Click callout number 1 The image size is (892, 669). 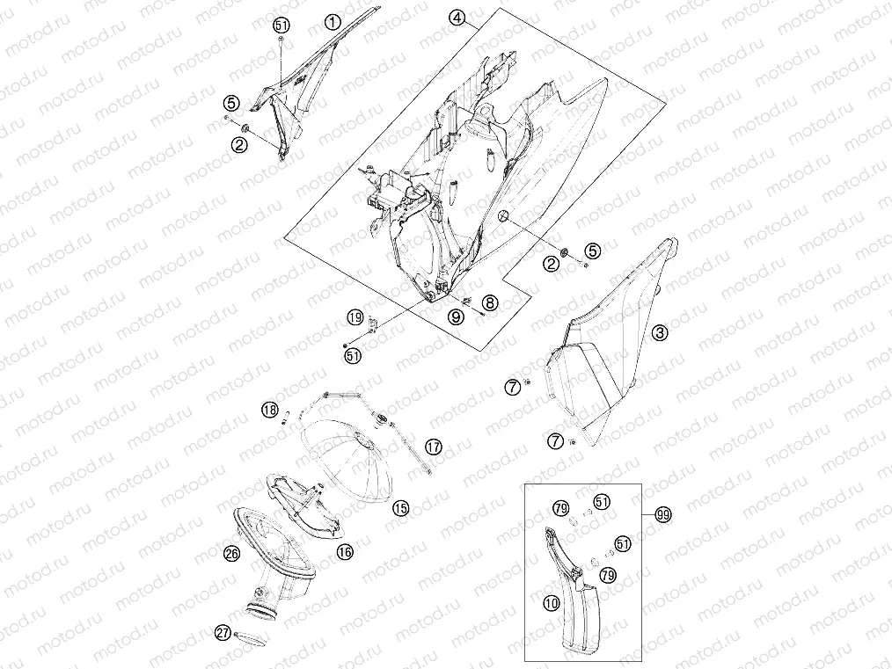pyautogui.click(x=333, y=22)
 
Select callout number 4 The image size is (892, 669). pyautogui.click(x=457, y=18)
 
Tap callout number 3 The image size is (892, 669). pyautogui.click(x=660, y=332)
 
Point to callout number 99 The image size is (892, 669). pyautogui.click(x=662, y=515)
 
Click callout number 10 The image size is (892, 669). pyautogui.click(x=552, y=602)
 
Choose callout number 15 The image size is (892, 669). pyautogui.click(x=401, y=507)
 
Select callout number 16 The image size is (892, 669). pyautogui.click(x=345, y=551)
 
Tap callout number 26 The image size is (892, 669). pyautogui.click(x=231, y=553)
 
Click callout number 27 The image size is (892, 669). pyautogui.click(x=223, y=632)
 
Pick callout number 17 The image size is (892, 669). pyautogui.click(x=434, y=447)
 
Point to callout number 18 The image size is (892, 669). pyautogui.click(x=270, y=410)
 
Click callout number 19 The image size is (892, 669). pyautogui.click(x=355, y=317)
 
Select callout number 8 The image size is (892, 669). pyautogui.click(x=490, y=302)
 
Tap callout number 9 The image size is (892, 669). pyautogui.click(x=456, y=317)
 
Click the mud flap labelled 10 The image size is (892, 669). pyautogui.click(x=572, y=602)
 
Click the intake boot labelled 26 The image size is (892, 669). pyautogui.click(x=273, y=563)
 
